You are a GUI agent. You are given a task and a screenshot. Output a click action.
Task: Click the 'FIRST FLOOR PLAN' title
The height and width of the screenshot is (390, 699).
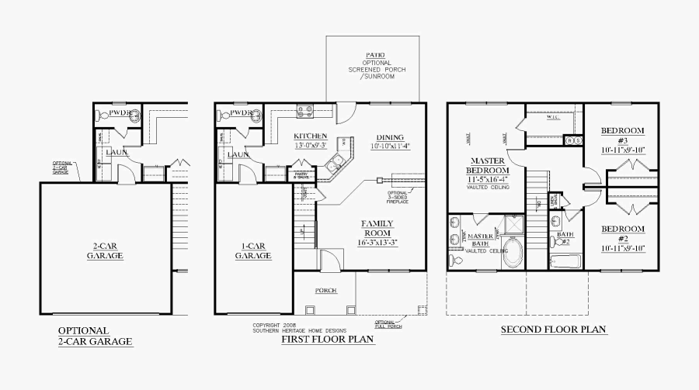point(328,340)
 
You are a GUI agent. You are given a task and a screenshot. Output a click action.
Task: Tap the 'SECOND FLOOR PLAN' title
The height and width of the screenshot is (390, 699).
point(553,330)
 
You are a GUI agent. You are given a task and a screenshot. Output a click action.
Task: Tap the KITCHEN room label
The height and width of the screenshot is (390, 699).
point(310,136)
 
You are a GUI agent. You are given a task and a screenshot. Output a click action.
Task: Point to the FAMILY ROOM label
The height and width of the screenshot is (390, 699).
point(377,228)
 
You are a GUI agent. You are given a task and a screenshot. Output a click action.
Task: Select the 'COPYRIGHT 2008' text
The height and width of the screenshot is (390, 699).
point(274,325)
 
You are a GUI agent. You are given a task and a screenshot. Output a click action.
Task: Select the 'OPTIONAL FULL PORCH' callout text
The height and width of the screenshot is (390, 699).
point(386,323)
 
